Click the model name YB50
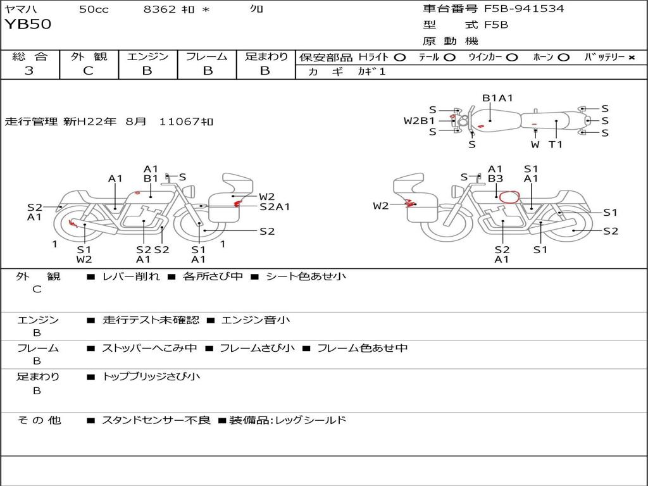coord(28,25)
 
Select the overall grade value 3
coord(29,71)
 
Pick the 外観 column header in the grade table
coord(89,57)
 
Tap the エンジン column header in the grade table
coord(147,57)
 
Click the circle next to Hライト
coord(399,58)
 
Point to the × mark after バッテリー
coord(631,58)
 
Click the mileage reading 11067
coord(181,121)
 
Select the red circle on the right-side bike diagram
coord(508,197)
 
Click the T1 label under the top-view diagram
coord(556,144)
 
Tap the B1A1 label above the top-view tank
coord(497,98)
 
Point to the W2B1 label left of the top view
coord(420,120)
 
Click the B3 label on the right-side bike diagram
coord(495,179)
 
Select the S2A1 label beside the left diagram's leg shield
coord(275,206)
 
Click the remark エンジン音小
coord(256,320)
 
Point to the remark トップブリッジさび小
coord(151,377)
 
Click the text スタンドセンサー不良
coord(156,420)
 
